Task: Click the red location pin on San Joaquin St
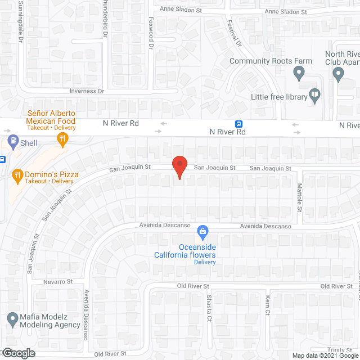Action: [x=179, y=166]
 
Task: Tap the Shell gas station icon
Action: [x=11, y=141]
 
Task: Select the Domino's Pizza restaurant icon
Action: [x=17, y=175]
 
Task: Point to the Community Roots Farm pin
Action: [x=299, y=73]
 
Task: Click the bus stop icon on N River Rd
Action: [x=239, y=124]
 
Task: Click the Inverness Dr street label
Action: [x=87, y=91]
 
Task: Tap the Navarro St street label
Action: [x=58, y=281]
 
